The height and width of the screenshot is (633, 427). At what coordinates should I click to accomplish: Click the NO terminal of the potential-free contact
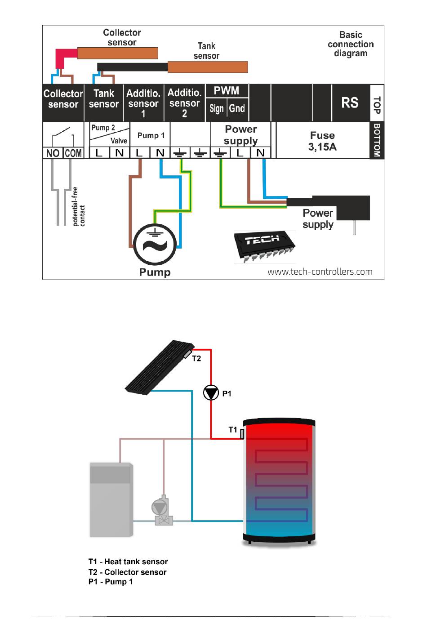pyautogui.click(x=53, y=153)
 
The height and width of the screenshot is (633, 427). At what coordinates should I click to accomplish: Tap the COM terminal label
pyautogui.click(x=73, y=153)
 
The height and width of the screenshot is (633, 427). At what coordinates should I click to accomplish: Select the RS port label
pyautogui.click(x=350, y=103)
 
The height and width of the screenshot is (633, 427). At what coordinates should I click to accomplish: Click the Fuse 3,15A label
pyautogui.click(x=322, y=141)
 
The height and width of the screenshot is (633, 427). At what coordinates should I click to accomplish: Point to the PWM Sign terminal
pyautogui.click(x=217, y=108)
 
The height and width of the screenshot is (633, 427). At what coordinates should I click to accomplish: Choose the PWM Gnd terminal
pyautogui.click(x=237, y=108)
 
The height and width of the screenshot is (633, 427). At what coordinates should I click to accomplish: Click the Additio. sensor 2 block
pyautogui.click(x=184, y=103)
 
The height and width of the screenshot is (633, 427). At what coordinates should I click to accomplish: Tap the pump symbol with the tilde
pyautogui.click(x=155, y=245)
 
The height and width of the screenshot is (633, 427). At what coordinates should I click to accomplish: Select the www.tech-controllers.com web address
pyautogui.click(x=320, y=272)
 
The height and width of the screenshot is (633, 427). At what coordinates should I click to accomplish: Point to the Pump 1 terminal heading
pyautogui.click(x=151, y=135)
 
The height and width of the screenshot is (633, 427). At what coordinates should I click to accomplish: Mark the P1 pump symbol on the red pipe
pyautogui.click(x=211, y=393)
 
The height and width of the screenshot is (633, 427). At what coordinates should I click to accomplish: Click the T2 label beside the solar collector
pyautogui.click(x=196, y=358)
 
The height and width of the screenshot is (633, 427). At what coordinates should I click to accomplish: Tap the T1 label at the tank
pyautogui.click(x=232, y=429)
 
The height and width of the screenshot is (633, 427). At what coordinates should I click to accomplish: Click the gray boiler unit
pyautogui.click(x=111, y=499)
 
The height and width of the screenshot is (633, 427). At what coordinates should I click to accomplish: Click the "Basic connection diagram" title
pyautogui.click(x=351, y=44)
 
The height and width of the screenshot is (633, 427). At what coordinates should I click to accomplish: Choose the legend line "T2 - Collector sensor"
pyautogui.click(x=127, y=572)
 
